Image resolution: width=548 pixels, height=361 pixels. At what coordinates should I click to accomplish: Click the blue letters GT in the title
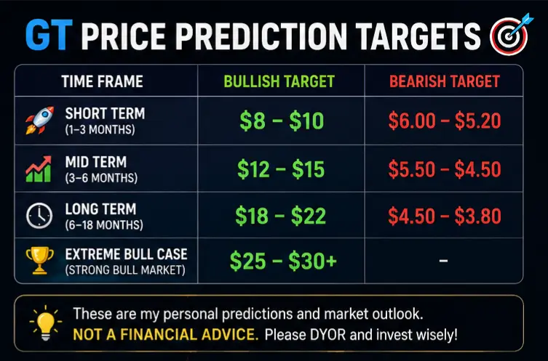click(x=49, y=35)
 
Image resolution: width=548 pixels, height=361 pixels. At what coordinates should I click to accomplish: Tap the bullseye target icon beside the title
click(x=510, y=34)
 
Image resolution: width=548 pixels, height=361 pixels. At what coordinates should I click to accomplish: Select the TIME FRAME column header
click(x=103, y=81)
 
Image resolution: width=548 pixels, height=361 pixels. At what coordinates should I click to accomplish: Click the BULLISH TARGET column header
click(x=279, y=81)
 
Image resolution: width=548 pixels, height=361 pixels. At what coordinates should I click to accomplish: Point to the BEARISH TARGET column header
click(x=445, y=81)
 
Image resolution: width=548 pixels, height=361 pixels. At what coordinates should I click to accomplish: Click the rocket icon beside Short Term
click(x=39, y=121)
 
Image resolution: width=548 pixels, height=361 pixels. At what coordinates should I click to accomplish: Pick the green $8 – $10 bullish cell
click(x=282, y=121)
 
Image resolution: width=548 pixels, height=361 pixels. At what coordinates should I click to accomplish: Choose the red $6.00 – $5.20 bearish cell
click(x=445, y=121)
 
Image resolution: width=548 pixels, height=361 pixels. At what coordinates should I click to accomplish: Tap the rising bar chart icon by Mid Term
click(x=39, y=169)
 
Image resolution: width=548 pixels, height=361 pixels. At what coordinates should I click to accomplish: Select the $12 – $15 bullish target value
click(x=281, y=169)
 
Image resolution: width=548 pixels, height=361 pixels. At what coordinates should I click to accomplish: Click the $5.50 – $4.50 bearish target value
click(x=445, y=169)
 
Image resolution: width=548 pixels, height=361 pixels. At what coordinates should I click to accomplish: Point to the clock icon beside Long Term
click(x=39, y=216)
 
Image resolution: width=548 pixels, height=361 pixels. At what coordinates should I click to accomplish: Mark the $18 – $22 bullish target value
click(x=281, y=216)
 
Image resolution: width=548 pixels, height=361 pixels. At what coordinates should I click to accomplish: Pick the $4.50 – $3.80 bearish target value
click(x=445, y=216)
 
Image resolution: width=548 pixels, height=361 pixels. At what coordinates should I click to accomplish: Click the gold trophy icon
click(x=39, y=261)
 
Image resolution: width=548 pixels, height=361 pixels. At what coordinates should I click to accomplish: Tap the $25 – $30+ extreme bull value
click(x=283, y=261)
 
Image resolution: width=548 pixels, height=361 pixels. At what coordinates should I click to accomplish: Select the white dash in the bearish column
click(x=443, y=260)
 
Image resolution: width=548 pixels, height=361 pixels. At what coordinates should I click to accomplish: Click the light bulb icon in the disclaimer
click(x=45, y=323)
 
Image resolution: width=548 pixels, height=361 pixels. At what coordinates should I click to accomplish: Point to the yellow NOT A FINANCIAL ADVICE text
click(x=166, y=335)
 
